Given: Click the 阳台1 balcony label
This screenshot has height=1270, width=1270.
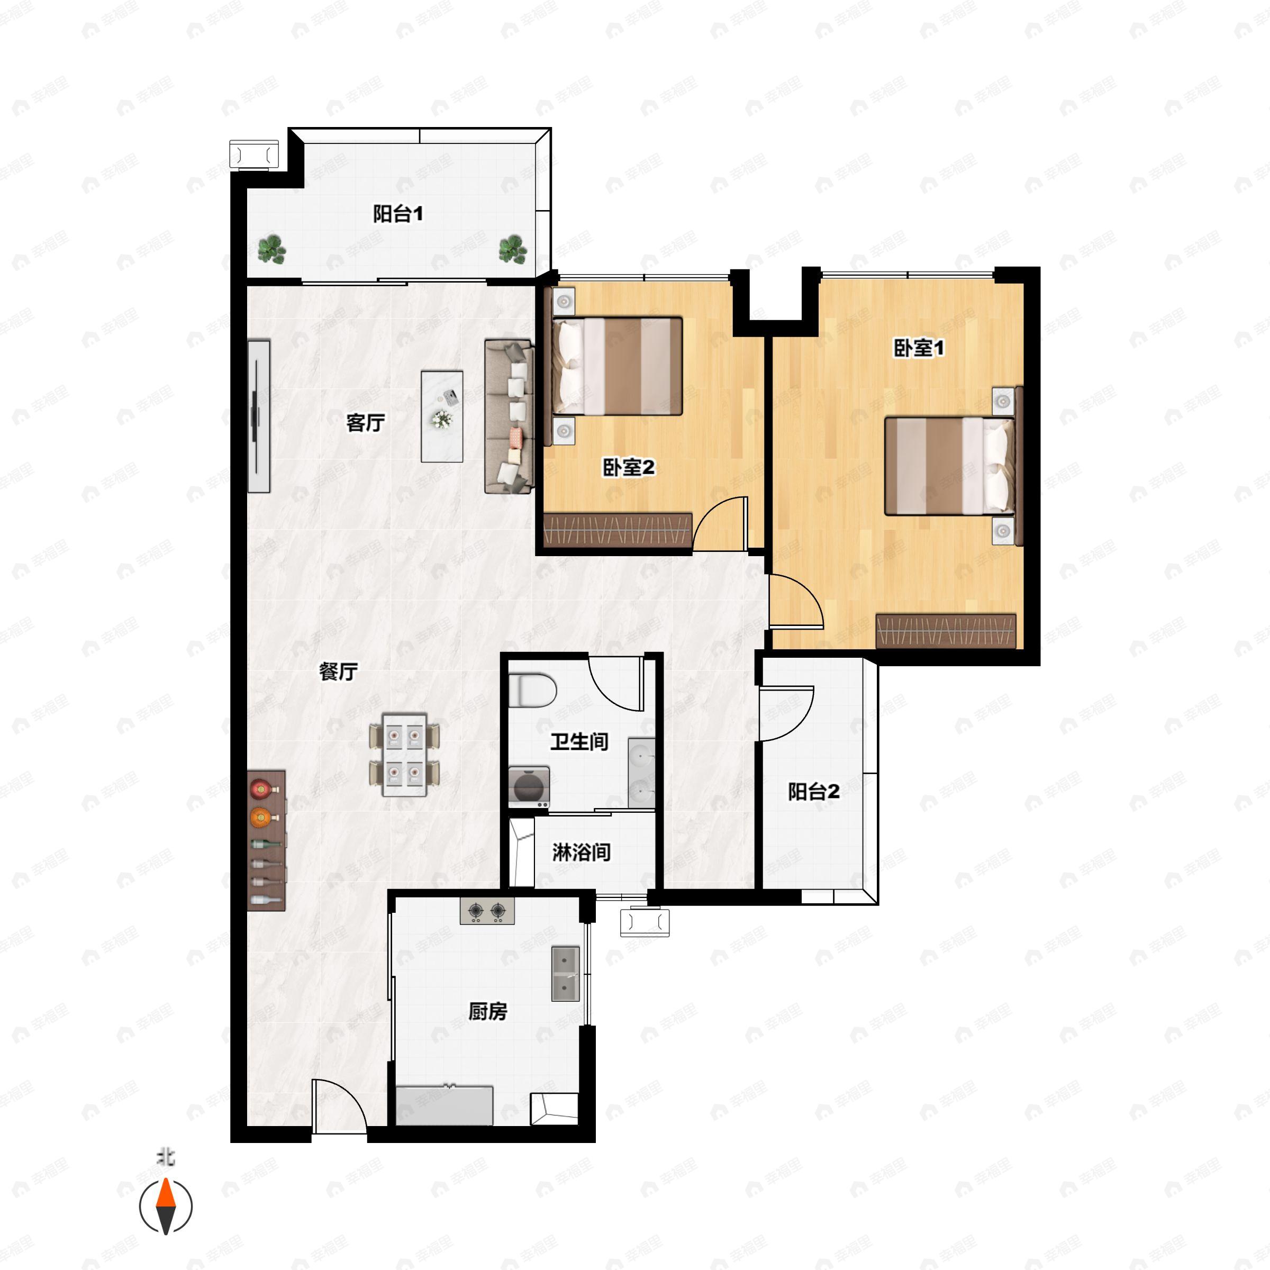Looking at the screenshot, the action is [398, 214].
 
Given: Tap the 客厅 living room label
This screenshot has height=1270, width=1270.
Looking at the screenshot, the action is [366, 423].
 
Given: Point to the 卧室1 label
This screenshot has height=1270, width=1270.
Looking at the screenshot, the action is [918, 348].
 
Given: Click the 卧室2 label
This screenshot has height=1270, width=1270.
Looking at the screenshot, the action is [629, 467].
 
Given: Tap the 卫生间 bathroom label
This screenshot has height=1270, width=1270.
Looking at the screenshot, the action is [579, 741].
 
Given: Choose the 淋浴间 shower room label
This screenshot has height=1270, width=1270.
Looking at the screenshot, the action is [581, 852].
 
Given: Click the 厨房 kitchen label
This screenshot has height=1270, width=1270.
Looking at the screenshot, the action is [488, 1011].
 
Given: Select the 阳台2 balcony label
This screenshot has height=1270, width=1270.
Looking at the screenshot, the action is [814, 792].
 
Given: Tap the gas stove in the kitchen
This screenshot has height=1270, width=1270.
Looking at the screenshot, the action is [487, 910].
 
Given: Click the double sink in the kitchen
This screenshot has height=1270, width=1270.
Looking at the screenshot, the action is [565, 974].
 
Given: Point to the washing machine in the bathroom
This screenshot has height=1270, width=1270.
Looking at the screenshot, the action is [529, 786].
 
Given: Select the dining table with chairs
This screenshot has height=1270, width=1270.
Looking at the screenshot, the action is [404, 755].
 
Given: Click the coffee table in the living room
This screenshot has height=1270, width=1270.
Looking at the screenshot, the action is [442, 416].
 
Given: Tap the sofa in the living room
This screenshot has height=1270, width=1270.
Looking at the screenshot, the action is [509, 416].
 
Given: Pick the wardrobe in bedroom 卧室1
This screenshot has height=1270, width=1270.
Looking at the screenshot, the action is [946, 630].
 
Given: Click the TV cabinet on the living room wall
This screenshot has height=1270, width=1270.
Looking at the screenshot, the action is [259, 416].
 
